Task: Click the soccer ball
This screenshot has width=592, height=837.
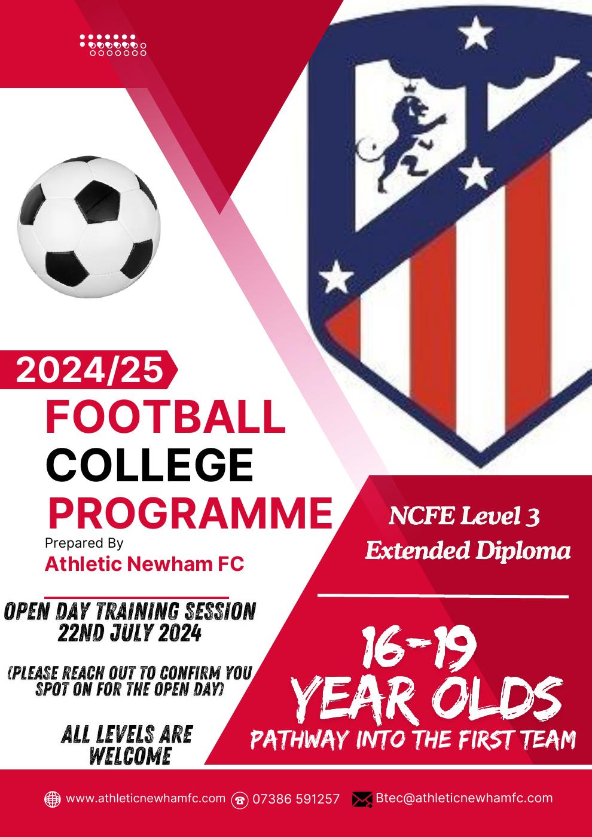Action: pyautogui.click(x=89, y=227)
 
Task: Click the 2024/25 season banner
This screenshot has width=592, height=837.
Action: pyautogui.click(x=90, y=369)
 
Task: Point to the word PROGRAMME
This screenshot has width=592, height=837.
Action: pyautogui.click(x=190, y=512)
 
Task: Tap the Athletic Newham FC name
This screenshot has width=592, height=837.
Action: pyautogui.click(x=145, y=564)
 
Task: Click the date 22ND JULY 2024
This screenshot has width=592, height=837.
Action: pyautogui.click(x=129, y=633)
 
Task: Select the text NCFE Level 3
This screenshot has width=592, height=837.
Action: pyautogui.click(x=465, y=516)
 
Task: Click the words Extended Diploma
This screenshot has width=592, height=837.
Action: pyautogui.click(x=468, y=551)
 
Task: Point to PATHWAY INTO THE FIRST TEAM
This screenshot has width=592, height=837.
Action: pyautogui.click(x=413, y=740)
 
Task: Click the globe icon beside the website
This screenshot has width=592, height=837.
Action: pyautogui.click(x=53, y=799)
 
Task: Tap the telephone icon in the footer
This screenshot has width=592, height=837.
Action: pyautogui.click(x=240, y=799)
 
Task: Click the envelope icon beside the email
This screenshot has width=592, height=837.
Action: pyautogui.click(x=362, y=799)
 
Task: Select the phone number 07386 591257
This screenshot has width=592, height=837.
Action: pyautogui.click(x=296, y=799)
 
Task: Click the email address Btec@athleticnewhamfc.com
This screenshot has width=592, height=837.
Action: pyautogui.click(x=464, y=798)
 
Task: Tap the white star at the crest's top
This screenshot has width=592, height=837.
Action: pyautogui.click(x=475, y=33)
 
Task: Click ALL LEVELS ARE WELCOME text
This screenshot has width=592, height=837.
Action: pyautogui.click(x=127, y=745)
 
